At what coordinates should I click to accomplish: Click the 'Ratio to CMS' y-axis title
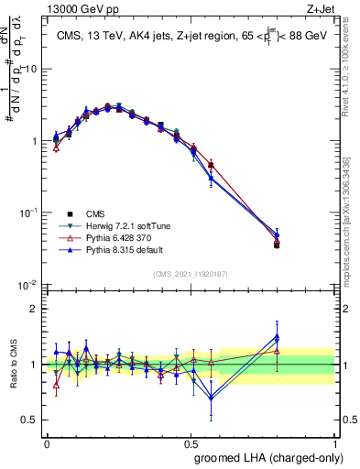(x=14, y=365)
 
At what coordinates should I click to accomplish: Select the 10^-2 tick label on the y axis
(x=27, y=285)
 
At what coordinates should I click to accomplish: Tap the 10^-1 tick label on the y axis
(x=27, y=213)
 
